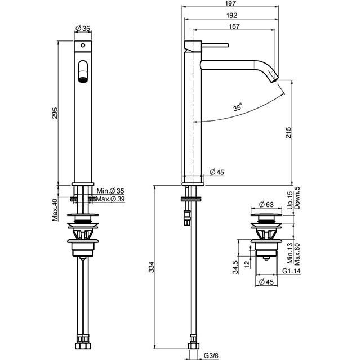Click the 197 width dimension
point(231,3)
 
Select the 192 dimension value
point(231,15)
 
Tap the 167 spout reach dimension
point(234,26)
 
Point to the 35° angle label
point(238,107)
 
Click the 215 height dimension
point(288,132)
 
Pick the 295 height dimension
point(55,113)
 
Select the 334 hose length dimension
point(151,267)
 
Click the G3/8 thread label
point(211,356)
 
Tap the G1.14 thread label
point(292,271)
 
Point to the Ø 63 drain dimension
point(266,204)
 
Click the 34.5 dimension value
point(235,267)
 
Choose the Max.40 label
point(55,210)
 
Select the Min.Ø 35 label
point(110,191)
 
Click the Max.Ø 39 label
point(110,199)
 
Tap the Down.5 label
point(297,197)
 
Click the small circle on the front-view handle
point(83,46)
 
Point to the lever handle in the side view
point(215,45)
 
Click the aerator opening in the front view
point(83,80)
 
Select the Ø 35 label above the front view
point(83,29)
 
